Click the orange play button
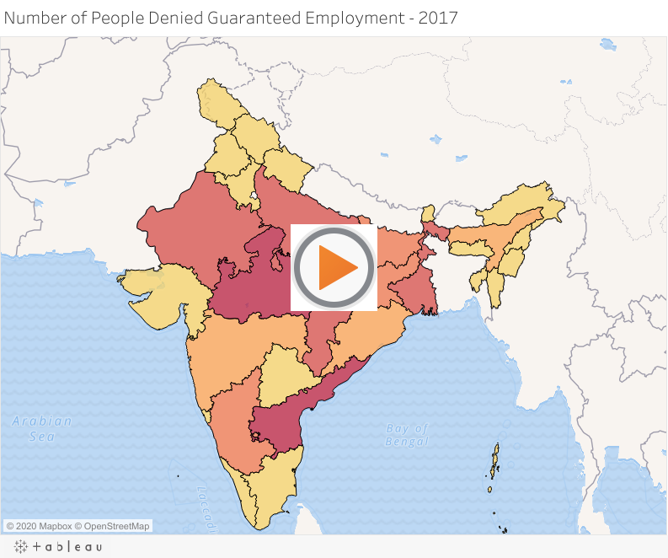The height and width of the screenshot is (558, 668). [x=334, y=267]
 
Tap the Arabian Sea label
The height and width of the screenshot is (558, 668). [x=42, y=428]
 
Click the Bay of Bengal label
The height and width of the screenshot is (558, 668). [x=408, y=435]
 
